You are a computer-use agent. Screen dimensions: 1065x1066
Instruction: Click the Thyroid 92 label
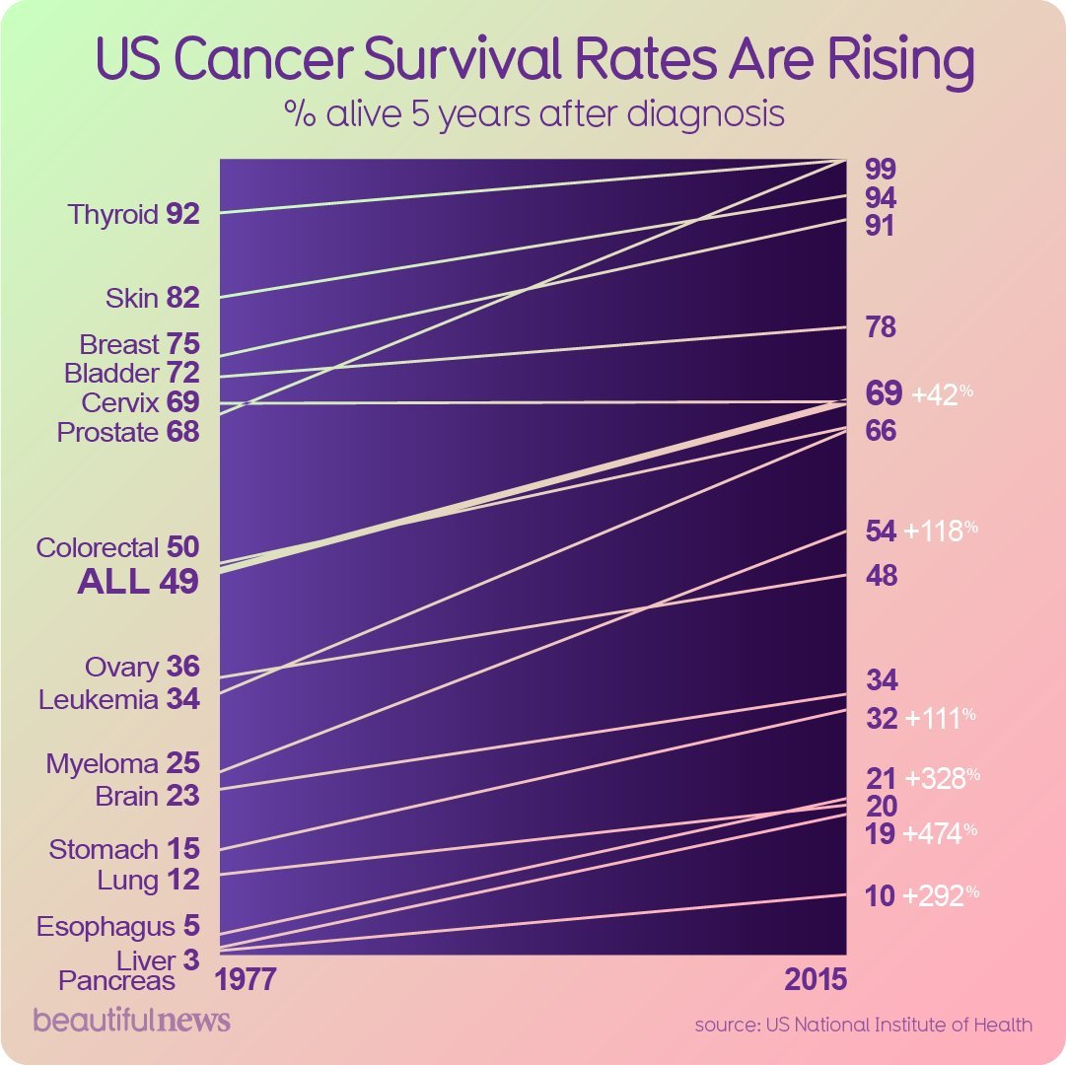134,214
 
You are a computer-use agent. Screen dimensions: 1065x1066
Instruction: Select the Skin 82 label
152,298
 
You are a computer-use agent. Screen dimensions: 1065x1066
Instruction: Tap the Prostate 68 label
128,432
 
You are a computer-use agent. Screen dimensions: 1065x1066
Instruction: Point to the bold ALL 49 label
138,582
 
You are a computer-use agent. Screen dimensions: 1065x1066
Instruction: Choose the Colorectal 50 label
117,547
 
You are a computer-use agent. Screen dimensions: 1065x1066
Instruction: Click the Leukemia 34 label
119,699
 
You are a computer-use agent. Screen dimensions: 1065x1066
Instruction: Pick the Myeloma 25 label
123,763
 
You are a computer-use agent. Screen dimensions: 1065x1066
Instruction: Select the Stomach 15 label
124,849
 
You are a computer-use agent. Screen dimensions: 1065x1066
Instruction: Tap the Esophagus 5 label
118,927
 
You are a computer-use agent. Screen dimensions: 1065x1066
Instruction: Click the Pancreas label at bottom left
116,980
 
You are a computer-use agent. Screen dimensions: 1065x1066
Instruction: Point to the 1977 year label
247,980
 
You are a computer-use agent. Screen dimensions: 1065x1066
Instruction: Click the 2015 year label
816,980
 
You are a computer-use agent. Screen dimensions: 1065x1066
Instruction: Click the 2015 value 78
881,327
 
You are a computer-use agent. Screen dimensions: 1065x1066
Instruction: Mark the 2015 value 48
881,576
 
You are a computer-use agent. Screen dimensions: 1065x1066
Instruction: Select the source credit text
864,1025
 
